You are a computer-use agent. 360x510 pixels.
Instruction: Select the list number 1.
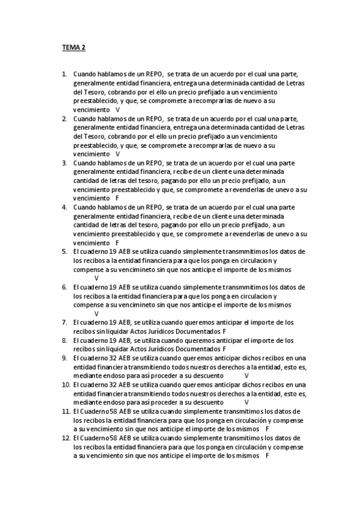(x=64, y=75)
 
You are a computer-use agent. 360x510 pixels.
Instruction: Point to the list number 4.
(x=64, y=207)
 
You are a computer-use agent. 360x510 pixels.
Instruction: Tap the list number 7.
(x=64, y=322)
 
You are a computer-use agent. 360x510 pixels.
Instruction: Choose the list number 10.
(x=66, y=384)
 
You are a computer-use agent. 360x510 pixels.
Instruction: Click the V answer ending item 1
(x=118, y=110)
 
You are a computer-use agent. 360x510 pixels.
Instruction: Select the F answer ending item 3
(x=117, y=198)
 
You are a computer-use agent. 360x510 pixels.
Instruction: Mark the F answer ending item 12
(x=266, y=456)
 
